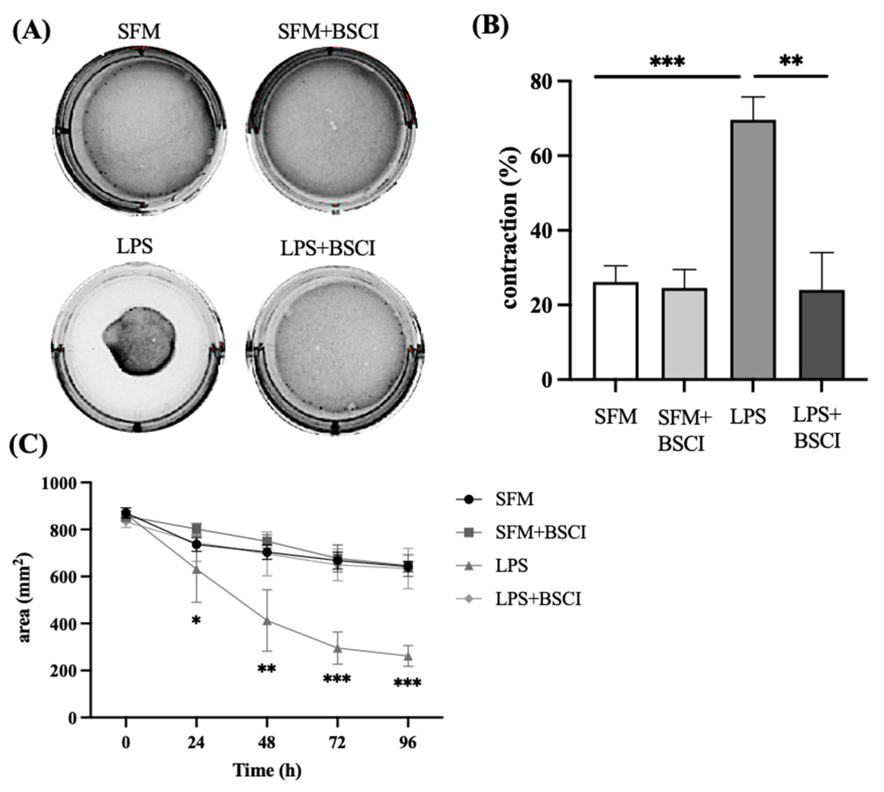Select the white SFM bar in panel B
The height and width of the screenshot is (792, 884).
click(615, 331)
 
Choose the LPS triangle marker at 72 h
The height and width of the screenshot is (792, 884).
click(337, 648)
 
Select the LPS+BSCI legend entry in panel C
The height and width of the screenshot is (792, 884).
click(538, 599)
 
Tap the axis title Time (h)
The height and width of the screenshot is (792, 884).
click(267, 771)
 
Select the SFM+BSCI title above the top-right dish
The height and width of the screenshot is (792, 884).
click(328, 32)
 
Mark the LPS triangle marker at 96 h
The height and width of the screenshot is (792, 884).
click(408, 656)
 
